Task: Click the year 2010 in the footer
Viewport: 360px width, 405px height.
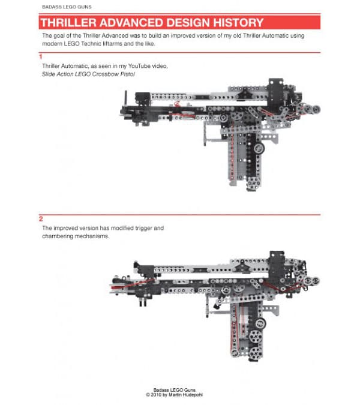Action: (x=160, y=395)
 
